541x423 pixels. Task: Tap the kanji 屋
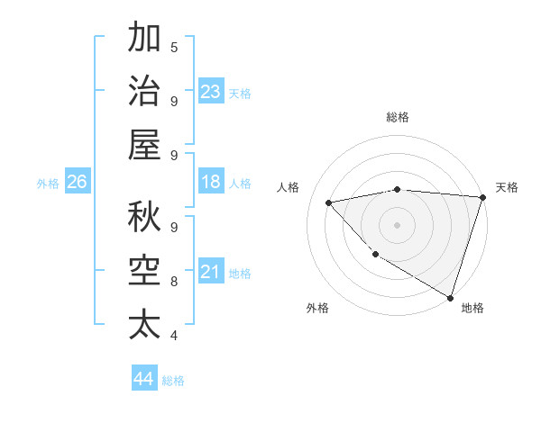[x=144, y=144]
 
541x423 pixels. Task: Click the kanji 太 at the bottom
[x=144, y=324]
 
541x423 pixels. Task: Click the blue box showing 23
[x=210, y=91]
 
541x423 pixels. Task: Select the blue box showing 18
[x=210, y=182]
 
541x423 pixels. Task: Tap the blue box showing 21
[x=210, y=272]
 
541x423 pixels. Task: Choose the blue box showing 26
[x=77, y=182]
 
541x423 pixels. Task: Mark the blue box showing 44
[x=143, y=379]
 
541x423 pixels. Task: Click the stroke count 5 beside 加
[x=174, y=47]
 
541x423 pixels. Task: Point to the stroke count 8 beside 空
[x=174, y=281]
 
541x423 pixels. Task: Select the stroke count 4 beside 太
[x=174, y=336]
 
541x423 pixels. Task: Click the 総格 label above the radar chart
[x=397, y=118]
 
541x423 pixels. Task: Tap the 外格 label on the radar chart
[x=316, y=308]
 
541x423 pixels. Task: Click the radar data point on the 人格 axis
[x=329, y=202]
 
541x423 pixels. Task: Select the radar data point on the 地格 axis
[x=450, y=297]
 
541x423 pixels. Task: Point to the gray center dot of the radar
[x=397, y=224]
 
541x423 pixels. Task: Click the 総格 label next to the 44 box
[x=173, y=381]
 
